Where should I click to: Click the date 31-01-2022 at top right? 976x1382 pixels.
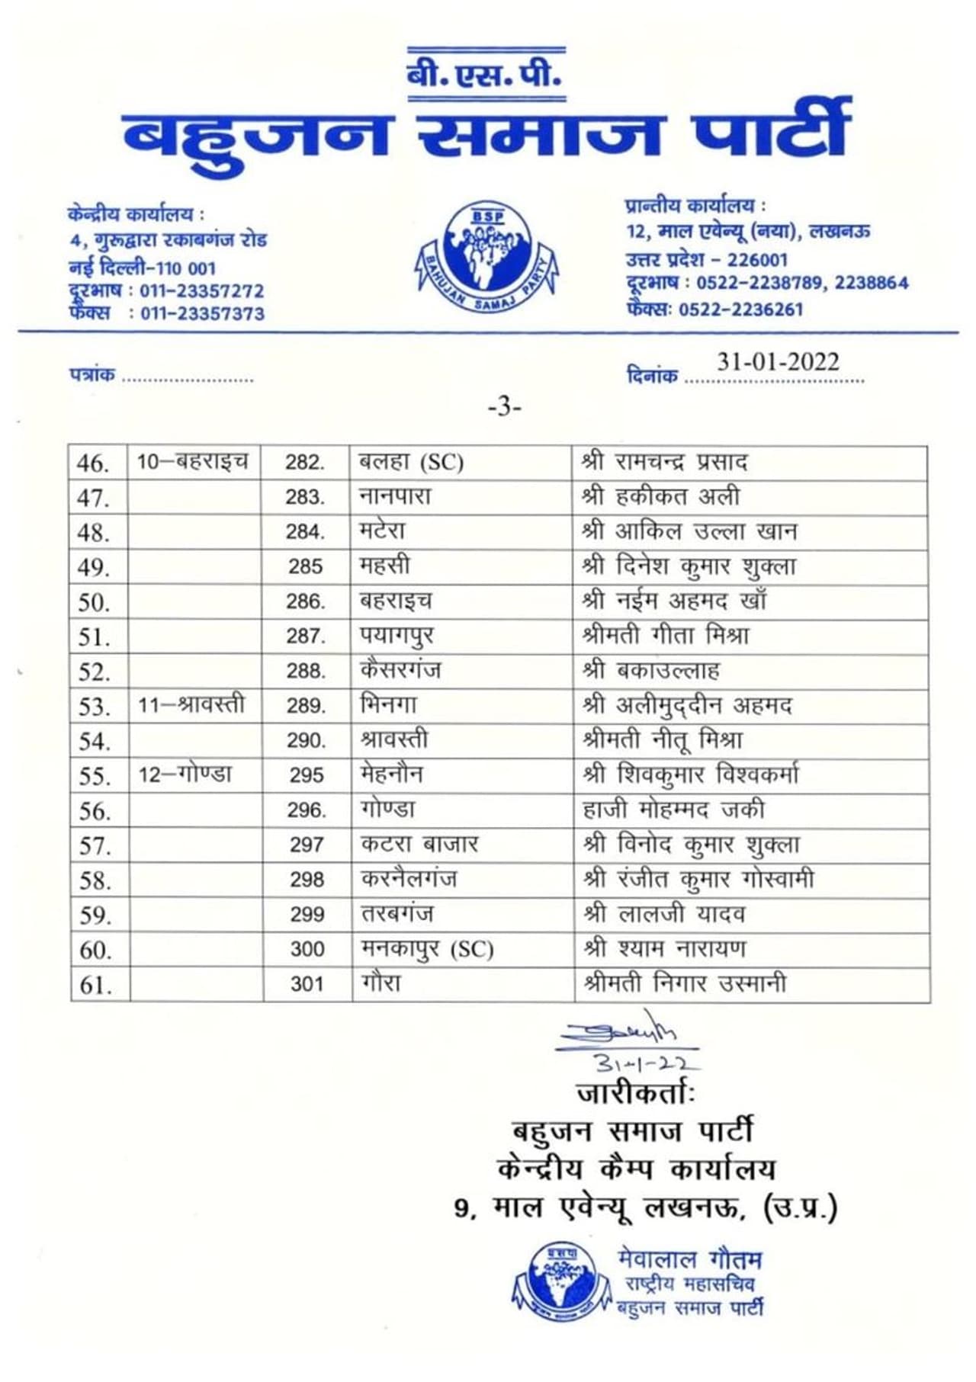pyautogui.click(x=777, y=361)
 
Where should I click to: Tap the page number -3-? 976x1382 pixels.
pyautogui.click(x=504, y=408)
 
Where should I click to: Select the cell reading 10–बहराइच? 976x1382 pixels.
pyautogui.click(x=192, y=462)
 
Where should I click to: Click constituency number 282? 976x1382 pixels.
pyautogui.click(x=305, y=463)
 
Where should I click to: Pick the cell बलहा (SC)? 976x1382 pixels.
pyautogui.click(x=411, y=463)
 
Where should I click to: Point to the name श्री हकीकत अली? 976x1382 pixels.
pyautogui.click(x=660, y=497)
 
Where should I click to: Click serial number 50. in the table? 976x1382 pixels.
pyautogui.click(x=95, y=603)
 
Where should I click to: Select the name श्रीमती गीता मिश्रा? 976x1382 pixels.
pyautogui.click(x=665, y=636)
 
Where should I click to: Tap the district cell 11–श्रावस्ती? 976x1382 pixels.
pyautogui.click(x=191, y=705)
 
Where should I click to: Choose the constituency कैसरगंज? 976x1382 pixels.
pyautogui.click(x=400, y=671)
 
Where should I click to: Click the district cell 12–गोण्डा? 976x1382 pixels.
pyautogui.click(x=185, y=775)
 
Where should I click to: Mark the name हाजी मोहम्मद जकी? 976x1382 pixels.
pyautogui.click(x=673, y=810)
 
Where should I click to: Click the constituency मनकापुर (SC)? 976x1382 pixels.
pyautogui.click(x=427, y=949)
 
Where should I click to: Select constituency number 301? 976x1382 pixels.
pyautogui.click(x=307, y=984)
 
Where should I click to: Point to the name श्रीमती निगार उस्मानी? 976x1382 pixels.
pyautogui.click(x=683, y=984)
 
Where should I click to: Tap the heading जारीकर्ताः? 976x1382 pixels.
pyautogui.click(x=635, y=1094)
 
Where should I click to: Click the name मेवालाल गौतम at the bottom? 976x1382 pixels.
pyautogui.click(x=689, y=1260)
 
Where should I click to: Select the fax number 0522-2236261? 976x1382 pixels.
pyautogui.click(x=740, y=309)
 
